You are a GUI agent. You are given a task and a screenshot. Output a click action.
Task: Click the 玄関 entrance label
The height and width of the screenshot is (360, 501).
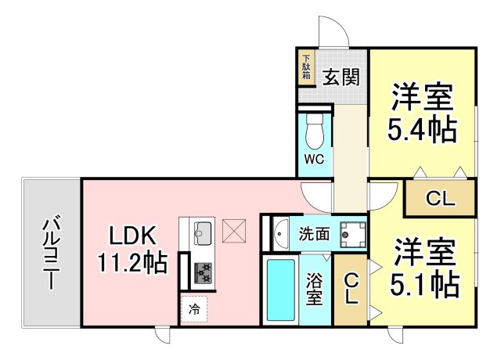(x=341, y=77)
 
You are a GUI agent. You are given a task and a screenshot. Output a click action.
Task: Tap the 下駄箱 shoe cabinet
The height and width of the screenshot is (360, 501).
(x=306, y=67)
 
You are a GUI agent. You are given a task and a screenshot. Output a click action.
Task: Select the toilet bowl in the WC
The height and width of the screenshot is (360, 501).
(x=315, y=131)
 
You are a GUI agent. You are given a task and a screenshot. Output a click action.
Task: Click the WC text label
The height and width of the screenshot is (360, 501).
(x=314, y=159)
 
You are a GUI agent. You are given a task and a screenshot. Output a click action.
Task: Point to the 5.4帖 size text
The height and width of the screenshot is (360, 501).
(x=423, y=129)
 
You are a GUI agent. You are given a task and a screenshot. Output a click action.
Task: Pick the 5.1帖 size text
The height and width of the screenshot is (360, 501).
(x=424, y=285)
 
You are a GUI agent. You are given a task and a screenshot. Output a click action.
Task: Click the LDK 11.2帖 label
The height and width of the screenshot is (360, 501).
(x=132, y=249)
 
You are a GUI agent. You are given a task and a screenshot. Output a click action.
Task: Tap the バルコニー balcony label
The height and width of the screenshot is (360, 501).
(x=51, y=253)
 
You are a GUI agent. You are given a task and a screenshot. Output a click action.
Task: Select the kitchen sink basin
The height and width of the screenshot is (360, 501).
(x=203, y=233)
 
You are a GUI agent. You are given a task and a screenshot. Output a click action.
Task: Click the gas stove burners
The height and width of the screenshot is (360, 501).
(x=203, y=273)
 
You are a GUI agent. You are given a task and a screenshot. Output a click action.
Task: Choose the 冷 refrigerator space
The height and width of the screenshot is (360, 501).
(x=194, y=310)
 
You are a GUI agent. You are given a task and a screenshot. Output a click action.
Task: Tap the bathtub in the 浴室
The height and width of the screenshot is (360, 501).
(x=281, y=290)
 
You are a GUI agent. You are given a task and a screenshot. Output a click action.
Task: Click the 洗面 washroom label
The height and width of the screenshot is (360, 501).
(x=314, y=234)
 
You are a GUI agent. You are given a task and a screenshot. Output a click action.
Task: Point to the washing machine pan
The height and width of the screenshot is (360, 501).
(x=353, y=235)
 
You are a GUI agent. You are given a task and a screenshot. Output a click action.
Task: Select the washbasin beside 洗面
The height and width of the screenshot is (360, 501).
(x=280, y=234)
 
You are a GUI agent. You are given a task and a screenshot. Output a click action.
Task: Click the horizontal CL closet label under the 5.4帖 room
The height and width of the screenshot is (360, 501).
(x=440, y=199)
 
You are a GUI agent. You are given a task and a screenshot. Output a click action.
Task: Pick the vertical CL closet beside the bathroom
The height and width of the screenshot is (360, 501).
(x=351, y=289)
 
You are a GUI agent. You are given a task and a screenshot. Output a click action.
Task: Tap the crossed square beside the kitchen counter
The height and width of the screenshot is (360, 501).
(x=234, y=231)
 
